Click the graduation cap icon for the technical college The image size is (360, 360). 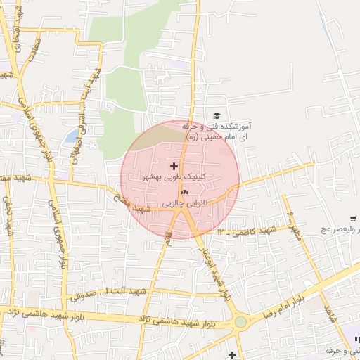pyautogui.click(x=217, y=116)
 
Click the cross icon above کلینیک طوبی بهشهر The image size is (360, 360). pyautogui.click(x=174, y=166)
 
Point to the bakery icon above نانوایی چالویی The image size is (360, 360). pyautogui.click(x=185, y=191)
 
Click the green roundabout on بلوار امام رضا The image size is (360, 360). pyautogui.click(x=241, y=321)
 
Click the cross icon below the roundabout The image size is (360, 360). pyautogui.click(x=233, y=355)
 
